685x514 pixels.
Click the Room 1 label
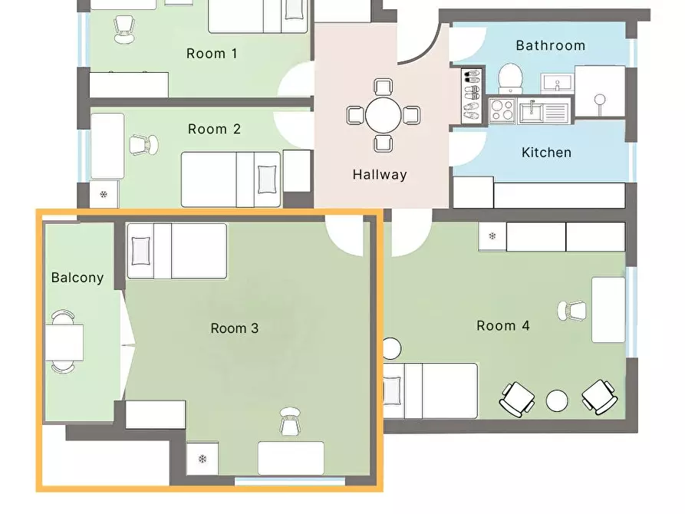tap(212, 54)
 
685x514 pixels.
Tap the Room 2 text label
tap(214, 130)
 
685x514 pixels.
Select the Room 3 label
tap(235, 328)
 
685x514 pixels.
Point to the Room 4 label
tap(503, 325)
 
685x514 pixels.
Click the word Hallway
tap(380, 175)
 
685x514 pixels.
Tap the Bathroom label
tap(551, 45)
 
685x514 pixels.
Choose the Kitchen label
tap(546, 153)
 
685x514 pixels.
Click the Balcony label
tap(77, 278)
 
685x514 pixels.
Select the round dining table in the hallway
tap(383, 115)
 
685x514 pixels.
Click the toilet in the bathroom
tap(510, 79)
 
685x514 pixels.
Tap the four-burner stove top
tap(502, 110)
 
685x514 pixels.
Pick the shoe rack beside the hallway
tap(472, 95)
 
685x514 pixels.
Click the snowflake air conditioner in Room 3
tap(203, 459)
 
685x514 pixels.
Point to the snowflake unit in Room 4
tap(492, 236)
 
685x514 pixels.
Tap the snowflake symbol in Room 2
tap(104, 195)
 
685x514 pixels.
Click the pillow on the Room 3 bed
tap(140, 251)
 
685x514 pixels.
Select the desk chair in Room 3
tap(290, 421)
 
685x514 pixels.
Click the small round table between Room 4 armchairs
tap(557, 400)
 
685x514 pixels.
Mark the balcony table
tap(64, 342)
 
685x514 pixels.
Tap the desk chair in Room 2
tap(144, 145)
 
